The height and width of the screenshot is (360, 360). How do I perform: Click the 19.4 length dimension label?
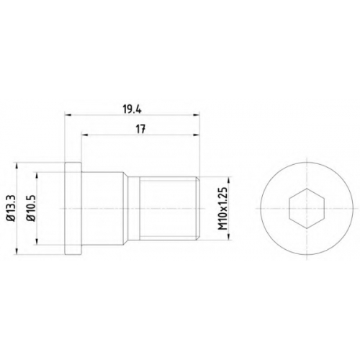point(132,109)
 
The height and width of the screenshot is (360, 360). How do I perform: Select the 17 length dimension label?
point(141,130)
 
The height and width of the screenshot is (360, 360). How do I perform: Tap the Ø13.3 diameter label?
point(12,208)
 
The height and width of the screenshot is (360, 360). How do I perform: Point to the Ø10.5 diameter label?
point(32,208)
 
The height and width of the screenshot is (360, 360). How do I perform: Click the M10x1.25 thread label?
point(223,208)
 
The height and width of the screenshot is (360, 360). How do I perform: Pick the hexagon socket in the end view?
point(307,208)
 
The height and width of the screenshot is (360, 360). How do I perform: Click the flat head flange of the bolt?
point(73,208)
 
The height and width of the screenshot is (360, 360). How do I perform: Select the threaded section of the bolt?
point(168,208)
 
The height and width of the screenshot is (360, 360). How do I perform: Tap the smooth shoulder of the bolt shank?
point(103,208)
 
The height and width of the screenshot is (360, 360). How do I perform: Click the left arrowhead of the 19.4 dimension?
point(68,115)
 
